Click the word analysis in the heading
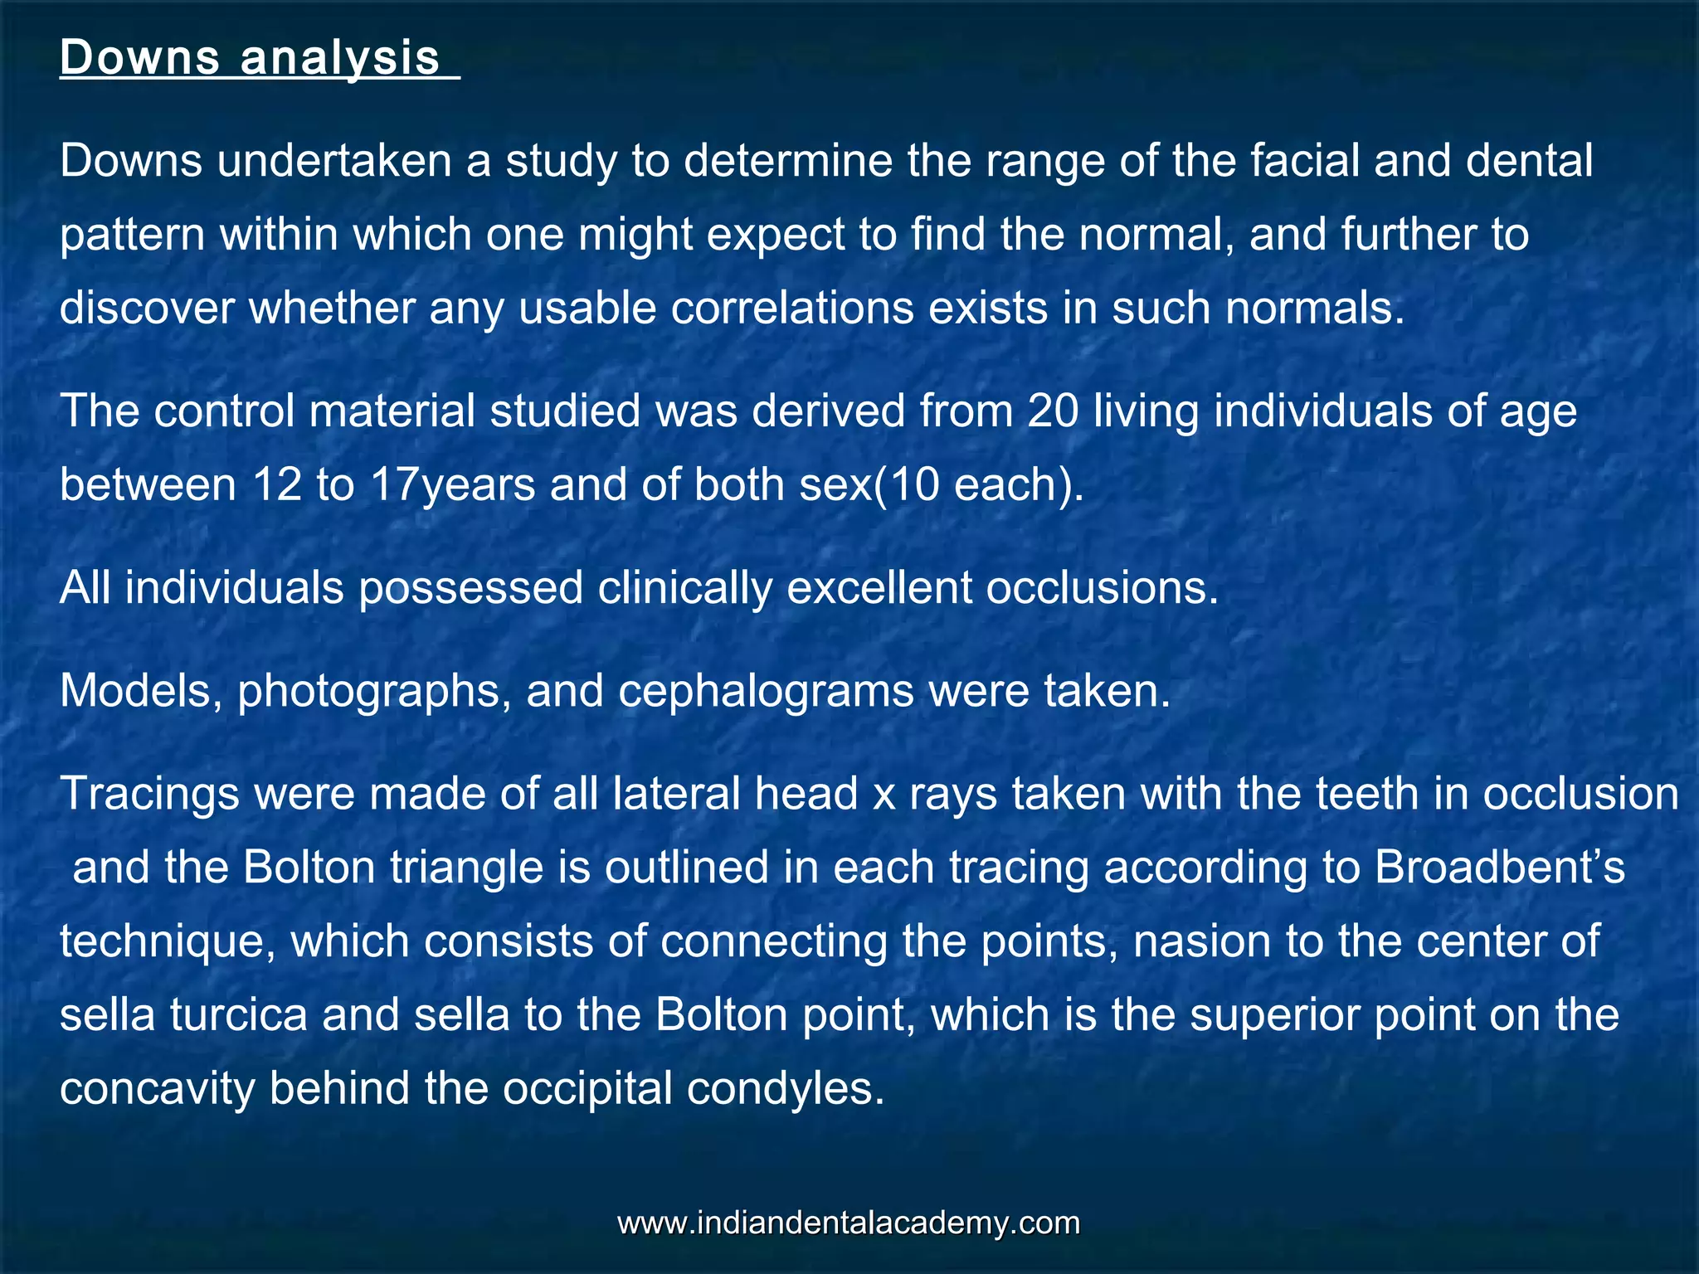click(x=340, y=58)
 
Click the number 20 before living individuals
click(x=1053, y=411)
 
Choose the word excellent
click(x=879, y=588)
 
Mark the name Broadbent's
click(x=1499, y=868)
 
